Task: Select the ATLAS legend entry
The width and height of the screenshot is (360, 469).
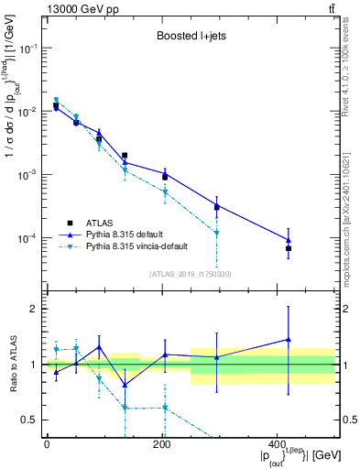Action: tap(102, 223)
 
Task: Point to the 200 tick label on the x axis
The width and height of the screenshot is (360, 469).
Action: tap(161, 444)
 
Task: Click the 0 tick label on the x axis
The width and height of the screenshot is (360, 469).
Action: tap(47, 444)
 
